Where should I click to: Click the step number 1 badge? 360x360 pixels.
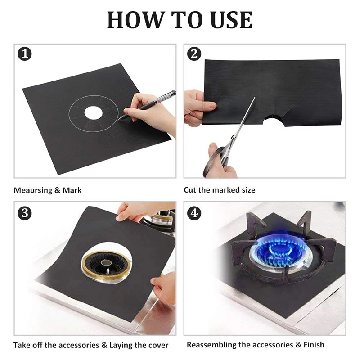(x=25, y=54)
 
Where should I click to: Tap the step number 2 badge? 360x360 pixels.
(x=194, y=54)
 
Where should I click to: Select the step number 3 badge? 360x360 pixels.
(x=25, y=213)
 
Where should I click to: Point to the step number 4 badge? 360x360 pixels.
(x=194, y=213)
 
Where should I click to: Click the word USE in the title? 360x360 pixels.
(x=231, y=20)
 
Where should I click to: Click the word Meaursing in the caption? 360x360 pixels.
(x=33, y=190)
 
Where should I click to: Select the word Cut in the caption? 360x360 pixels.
(x=190, y=190)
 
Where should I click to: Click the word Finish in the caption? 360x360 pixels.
(x=314, y=345)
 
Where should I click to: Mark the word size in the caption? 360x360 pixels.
(x=248, y=190)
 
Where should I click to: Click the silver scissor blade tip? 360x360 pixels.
(x=255, y=97)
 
